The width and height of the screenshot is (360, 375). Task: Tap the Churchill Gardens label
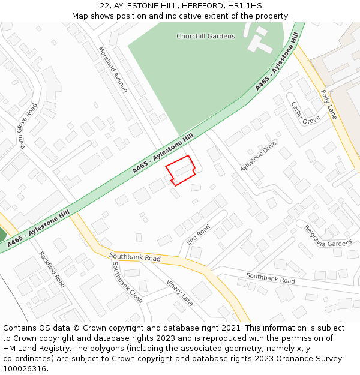(206, 37)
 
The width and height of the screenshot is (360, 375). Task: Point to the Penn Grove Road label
(28, 125)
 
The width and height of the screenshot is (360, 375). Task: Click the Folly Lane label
(329, 104)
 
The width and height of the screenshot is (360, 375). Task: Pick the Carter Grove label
(305, 113)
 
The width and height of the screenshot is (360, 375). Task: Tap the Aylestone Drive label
(258, 156)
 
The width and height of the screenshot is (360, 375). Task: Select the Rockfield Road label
(52, 269)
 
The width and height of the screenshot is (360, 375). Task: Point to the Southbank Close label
(127, 281)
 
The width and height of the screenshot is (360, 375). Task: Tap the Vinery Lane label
(179, 293)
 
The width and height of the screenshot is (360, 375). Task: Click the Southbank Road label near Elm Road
(135, 257)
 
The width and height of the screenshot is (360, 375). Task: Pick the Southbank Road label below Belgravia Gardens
(270, 278)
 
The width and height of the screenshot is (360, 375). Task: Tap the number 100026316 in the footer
(25, 368)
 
